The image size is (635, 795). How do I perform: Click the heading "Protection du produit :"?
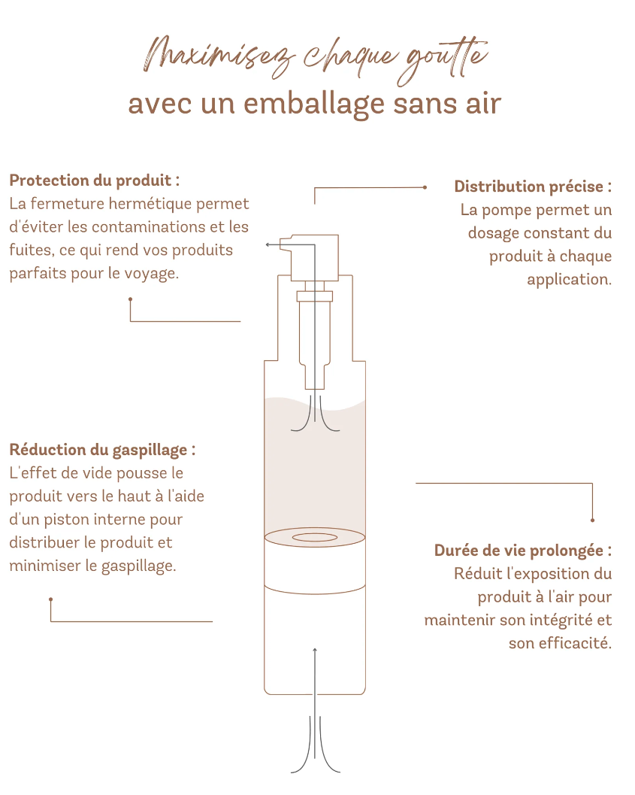tap(95, 181)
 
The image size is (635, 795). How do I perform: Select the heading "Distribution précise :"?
tap(533, 187)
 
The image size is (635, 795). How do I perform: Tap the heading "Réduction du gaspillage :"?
tap(102, 450)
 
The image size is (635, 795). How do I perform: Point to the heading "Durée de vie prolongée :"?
tap(523, 551)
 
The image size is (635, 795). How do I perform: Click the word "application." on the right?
tap(569, 280)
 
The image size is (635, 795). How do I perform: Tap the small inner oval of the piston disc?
tap(314, 537)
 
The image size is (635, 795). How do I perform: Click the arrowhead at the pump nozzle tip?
tap(268, 244)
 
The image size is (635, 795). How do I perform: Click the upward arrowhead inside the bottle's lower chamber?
tap(315, 650)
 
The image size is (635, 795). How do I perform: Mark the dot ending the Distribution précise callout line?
tap(425, 187)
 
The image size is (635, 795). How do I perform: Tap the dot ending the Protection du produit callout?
tap(130, 299)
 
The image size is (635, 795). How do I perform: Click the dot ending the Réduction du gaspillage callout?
tap(50, 599)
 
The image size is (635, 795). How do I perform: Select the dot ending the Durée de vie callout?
tap(592, 520)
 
